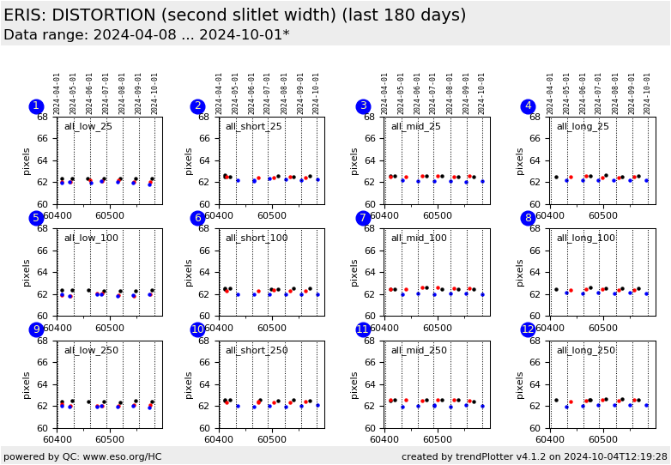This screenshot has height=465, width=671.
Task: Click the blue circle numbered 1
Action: pyautogui.click(x=36, y=106)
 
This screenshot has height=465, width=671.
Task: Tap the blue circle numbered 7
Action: pyautogui.click(x=363, y=218)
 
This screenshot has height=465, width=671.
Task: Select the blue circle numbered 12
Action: pyautogui.click(x=528, y=329)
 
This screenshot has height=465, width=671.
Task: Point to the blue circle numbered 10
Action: pyautogui.click(x=197, y=329)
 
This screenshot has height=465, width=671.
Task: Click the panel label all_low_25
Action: pyautogui.click(x=88, y=127)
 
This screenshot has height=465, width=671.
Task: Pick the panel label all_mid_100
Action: pyautogui.click(x=419, y=239)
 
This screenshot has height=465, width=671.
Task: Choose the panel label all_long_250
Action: pyautogui.click(x=585, y=350)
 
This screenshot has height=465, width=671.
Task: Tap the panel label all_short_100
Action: pyautogui.click(x=257, y=239)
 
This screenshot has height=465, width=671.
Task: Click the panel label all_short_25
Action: pyautogui.click(x=254, y=127)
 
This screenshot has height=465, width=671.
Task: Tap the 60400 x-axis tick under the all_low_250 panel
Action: pyautogui.click(x=57, y=438)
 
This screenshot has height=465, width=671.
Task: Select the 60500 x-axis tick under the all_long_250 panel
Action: pyautogui.click(x=602, y=438)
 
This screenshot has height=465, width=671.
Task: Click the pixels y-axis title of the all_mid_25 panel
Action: pyautogui.click(x=354, y=160)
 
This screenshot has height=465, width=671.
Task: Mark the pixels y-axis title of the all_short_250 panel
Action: pyautogui.click(x=189, y=383)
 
